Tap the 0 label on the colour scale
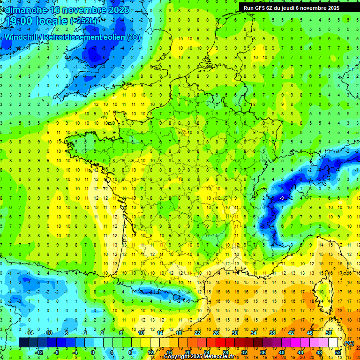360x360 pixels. [92, 352]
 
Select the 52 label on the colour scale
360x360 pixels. [337, 352]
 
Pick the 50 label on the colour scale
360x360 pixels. [329, 332]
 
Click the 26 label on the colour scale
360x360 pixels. [216, 332]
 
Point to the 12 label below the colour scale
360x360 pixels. [150, 352]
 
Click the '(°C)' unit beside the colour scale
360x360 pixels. [349, 343]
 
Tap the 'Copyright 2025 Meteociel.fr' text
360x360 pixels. [199, 357]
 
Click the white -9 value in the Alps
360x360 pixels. [281, 199]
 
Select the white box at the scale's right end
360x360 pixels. [333, 343]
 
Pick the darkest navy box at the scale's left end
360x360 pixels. [23, 343]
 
